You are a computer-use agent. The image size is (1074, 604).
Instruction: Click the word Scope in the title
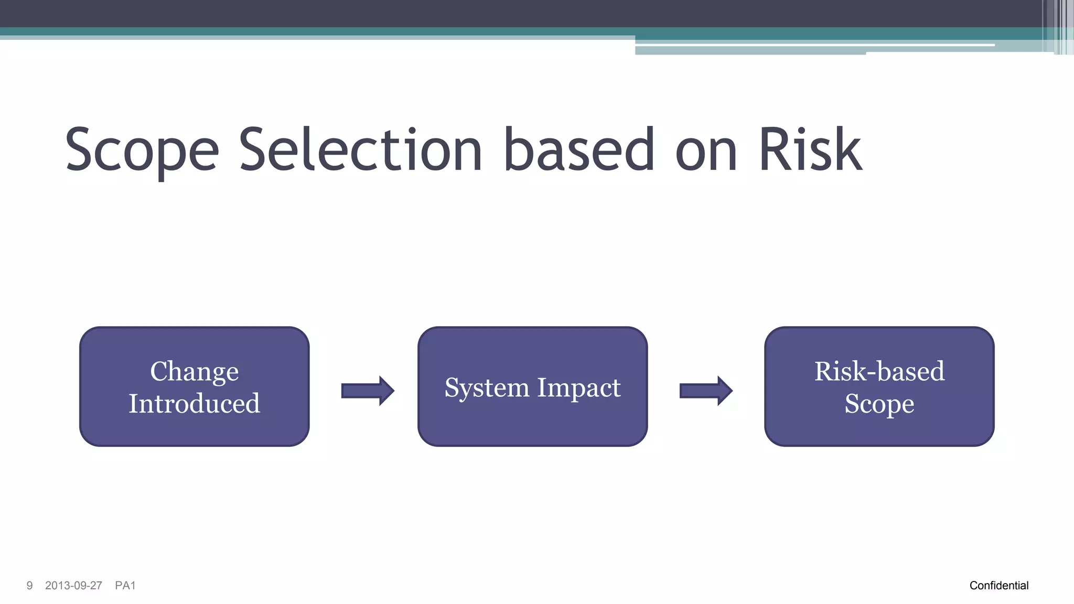pos(142,151)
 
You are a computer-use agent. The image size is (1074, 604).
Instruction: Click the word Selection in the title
pos(360,151)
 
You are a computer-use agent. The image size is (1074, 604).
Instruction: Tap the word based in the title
pos(579,151)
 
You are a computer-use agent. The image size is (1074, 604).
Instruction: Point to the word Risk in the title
pos(810,151)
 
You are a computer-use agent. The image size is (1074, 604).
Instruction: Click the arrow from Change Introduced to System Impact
pos(367,391)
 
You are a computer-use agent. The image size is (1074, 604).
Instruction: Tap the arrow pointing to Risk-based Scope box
pos(705,391)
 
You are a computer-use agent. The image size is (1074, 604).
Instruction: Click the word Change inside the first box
pos(194,371)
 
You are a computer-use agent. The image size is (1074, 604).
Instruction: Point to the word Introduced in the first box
pos(194,403)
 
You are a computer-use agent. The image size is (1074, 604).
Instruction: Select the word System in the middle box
pos(487,387)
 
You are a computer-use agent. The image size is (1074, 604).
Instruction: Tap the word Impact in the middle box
pos(578,387)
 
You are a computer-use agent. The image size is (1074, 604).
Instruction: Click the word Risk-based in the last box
pos(879,371)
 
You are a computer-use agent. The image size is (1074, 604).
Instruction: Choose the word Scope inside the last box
pos(879,404)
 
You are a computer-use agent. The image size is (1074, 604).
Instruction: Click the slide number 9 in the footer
pos(29,586)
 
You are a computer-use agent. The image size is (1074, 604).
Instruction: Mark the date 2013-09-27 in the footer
pos(73,586)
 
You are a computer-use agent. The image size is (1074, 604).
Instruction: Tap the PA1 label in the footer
pos(125,586)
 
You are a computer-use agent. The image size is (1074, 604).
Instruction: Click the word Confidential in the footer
pos(998,586)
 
